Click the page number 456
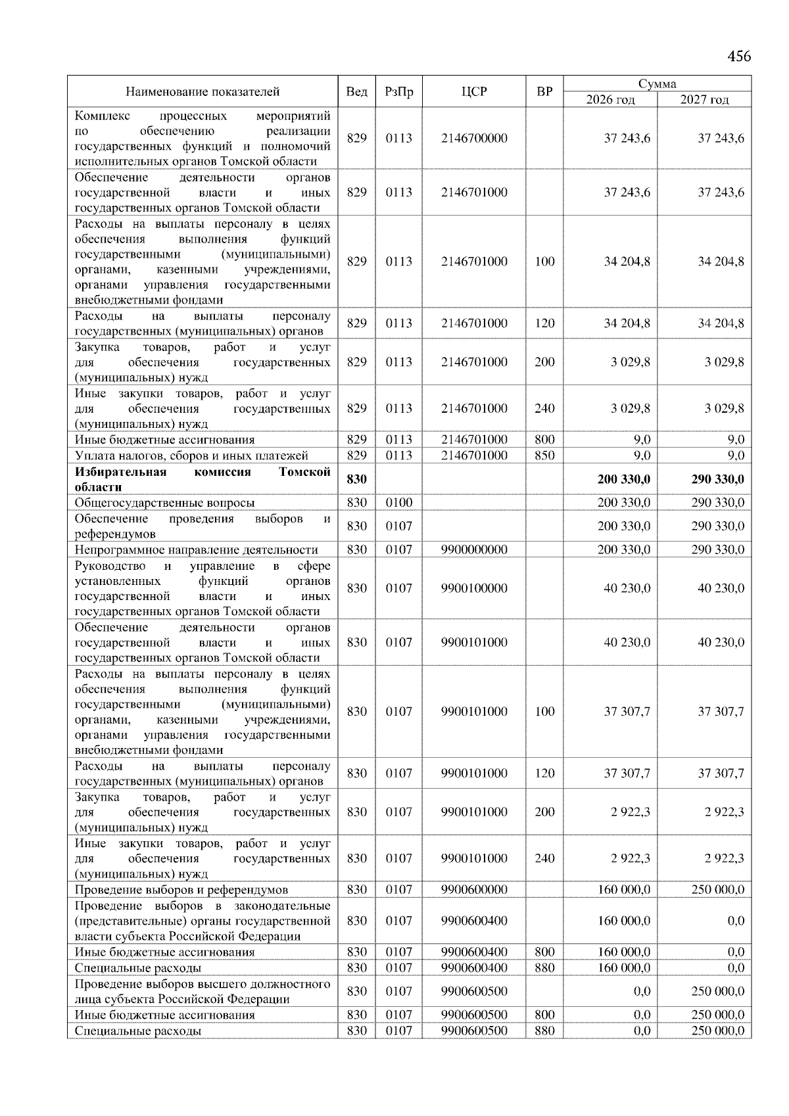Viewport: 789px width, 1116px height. click(x=738, y=56)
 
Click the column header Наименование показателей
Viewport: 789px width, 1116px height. click(x=203, y=91)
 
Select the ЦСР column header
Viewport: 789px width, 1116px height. click(x=474, y=91)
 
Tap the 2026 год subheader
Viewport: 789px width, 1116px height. click(x=610, y=100)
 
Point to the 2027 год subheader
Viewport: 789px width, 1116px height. click(x=704, y=100)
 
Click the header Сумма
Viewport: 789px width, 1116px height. click(x=657, y=83)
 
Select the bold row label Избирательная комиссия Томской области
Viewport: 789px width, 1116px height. click(x=203, y=479)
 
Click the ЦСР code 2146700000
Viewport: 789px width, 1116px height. click(x=474, y=138)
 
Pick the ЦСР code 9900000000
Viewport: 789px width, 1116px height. click(x=474, y=549)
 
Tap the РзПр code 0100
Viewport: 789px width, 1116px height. click(x=398, y=503)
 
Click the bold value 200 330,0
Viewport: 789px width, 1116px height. click(x=623, y=479)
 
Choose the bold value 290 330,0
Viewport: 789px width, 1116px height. click(x=717, y=479)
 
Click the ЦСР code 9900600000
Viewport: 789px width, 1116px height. click(x=474, y=890)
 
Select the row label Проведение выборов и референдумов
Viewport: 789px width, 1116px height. click(x=181, y=890)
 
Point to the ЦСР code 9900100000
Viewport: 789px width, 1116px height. click(x=474, y=588)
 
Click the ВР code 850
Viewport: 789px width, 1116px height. click(x=544, y=455)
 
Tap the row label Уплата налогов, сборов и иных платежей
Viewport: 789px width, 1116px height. click(x=191, y=455)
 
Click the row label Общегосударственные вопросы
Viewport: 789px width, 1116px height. click(x=164, y=503)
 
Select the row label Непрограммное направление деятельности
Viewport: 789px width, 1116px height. click(x=196, y=549)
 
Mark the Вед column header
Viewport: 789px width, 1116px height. click(x=356, y=91)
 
